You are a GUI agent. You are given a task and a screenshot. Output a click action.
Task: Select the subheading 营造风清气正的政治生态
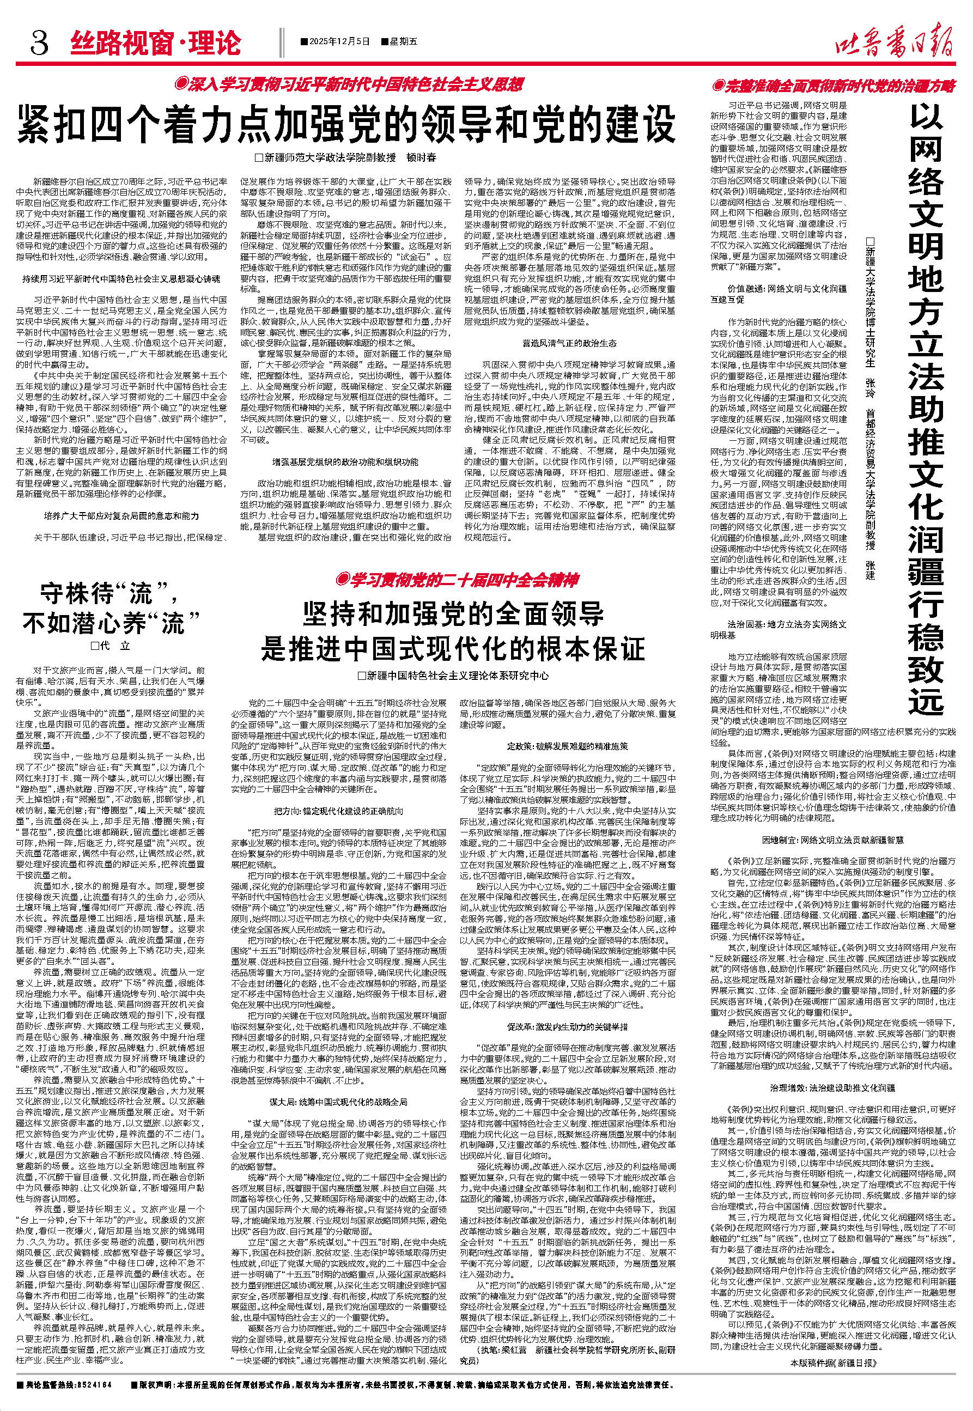point(569,344)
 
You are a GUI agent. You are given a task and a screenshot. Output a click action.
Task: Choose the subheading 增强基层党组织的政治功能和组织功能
point(345,463)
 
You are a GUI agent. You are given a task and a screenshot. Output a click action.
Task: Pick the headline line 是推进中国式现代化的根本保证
point(453,648)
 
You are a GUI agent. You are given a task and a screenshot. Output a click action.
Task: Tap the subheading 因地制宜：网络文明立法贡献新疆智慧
point(833,840)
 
